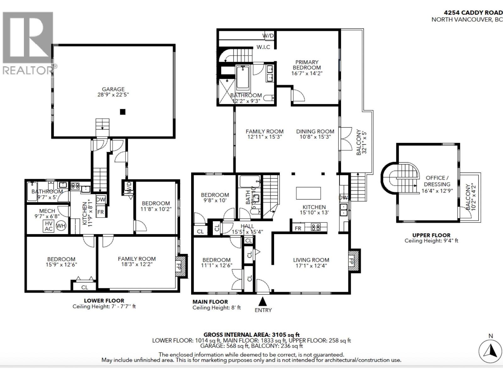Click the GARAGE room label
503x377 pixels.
(x=113, y=89)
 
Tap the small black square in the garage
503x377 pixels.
(x=123, y=112)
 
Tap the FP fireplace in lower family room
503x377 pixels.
(x=181, y=266)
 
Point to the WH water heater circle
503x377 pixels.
(x=61, y=225)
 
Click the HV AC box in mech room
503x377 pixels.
(x=48, y=226)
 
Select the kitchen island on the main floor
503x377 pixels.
(x=308, y=193)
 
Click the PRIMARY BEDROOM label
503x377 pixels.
(x=307, y=65)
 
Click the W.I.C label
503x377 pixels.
(x=263, y=47)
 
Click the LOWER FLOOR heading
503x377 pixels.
(x=104, y=301)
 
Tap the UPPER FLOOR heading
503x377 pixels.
(x=431, y=235)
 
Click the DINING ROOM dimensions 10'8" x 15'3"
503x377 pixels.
(x=315, y=137)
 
